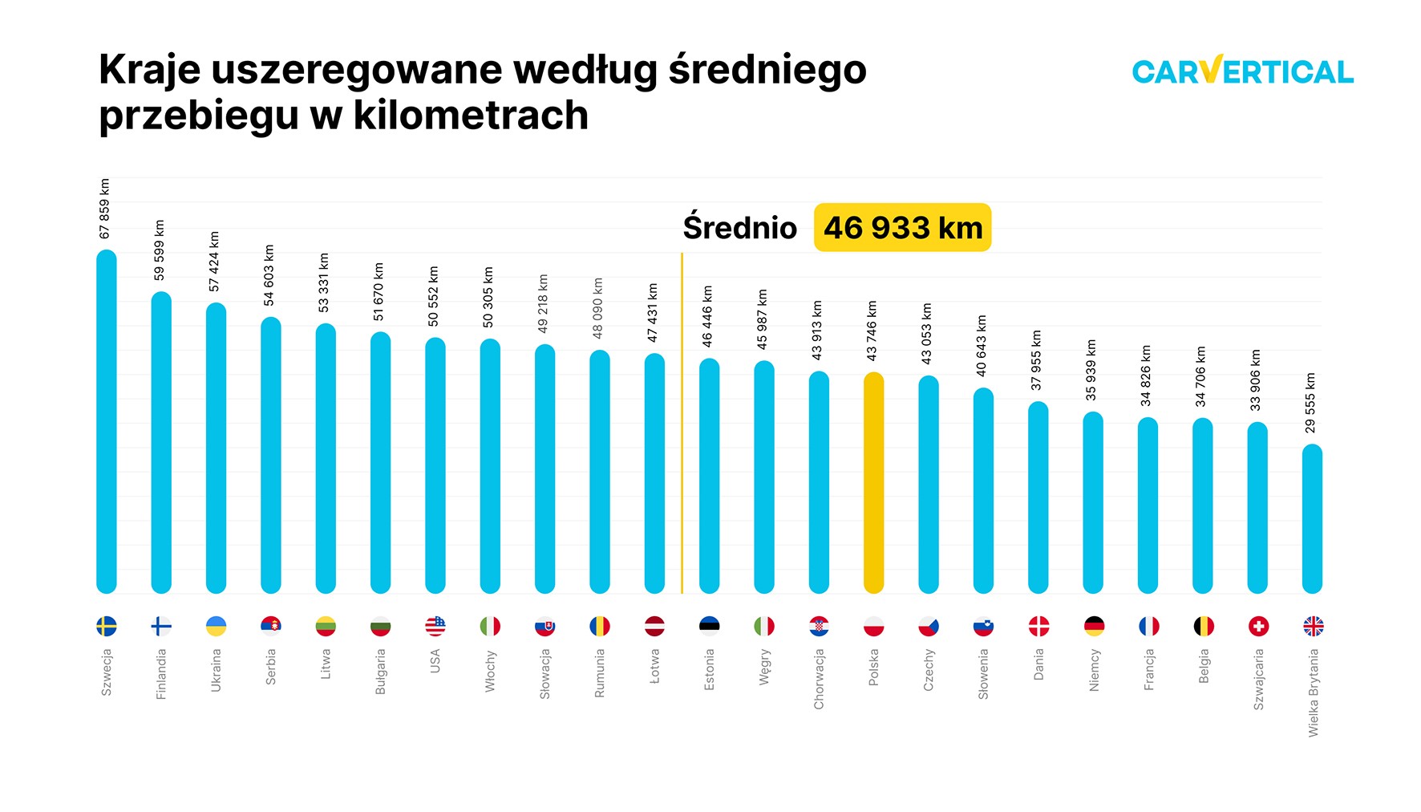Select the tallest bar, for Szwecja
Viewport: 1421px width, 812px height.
pyautogui.click(x=107, y=421)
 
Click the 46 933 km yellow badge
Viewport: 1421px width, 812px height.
pyautogui.click(x=902, y=228)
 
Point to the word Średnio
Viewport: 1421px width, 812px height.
pyautogui.click(x=739, y=228)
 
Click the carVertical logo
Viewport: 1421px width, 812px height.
pyautogui.click(x=1242, y=71)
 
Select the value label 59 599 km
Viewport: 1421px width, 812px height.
pyautogui.click(x=160, y=250)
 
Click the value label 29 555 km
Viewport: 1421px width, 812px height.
pyautogui.click(x=1310, y=403)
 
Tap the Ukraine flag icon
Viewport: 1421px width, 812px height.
pyautogui.click(x=216, y=626)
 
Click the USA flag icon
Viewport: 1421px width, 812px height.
pyautogui.click(x=435, y=626)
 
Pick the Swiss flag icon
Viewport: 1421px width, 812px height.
pyautogui.click(x=1258, y=626)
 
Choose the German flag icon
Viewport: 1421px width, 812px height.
pyautogui.click(x=1094, y=626)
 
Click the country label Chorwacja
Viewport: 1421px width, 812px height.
pyautogui.click(x=819, y=679)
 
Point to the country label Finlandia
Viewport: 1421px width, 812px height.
pyautogui.click(x=161, y=674)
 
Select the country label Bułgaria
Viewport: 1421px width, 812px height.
pyautogui.click(x=380, y=672)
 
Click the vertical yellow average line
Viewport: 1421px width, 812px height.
pyautogui.click(x=682, y=425)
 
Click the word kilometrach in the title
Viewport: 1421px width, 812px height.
pyautogui.click(x=471, y=116)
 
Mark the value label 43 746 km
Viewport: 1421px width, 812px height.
pyautogui.click(x=872, y=331)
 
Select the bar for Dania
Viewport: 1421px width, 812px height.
pyautogui.click(x=1038, y=497)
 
